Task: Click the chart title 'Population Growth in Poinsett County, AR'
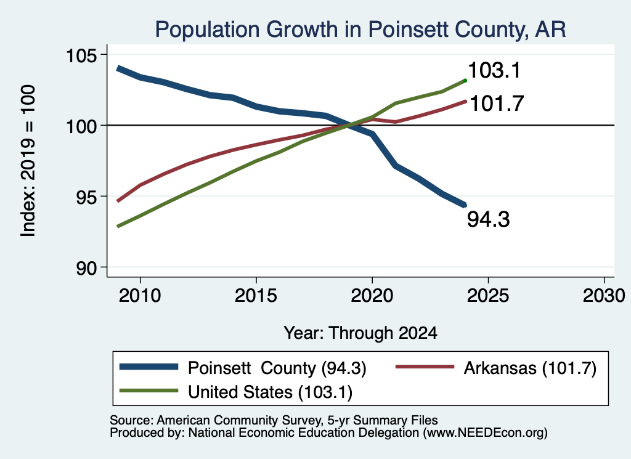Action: [x=360, y=30]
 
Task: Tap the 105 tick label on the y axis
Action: [x=82, y=55]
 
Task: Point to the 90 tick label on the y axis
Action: [x=87, y=268]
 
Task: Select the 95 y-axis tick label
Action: [x=87, y=197]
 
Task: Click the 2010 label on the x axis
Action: [x=140, y=296]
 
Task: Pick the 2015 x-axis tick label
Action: [x=256, y=296]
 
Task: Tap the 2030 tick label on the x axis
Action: [x=604, y=296]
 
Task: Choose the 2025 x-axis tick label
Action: [x=488, y=296]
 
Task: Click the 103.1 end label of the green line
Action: [x=495, y=70]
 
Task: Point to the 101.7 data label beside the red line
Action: [x=497, y=104]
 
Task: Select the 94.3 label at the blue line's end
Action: [x=489, y=220]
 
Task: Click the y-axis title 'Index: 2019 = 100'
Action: [x=28, y=161]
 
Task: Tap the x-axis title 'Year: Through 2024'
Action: [x=360, y=333]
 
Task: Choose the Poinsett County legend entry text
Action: [x=277, y=368]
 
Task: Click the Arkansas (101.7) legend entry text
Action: [x=530, y=368]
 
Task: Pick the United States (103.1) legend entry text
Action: [x=271, y=392]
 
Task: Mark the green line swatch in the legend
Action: [x=149, y=391]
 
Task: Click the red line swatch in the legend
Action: [x=425, y=367]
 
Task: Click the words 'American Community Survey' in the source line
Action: [x=240, y=420]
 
